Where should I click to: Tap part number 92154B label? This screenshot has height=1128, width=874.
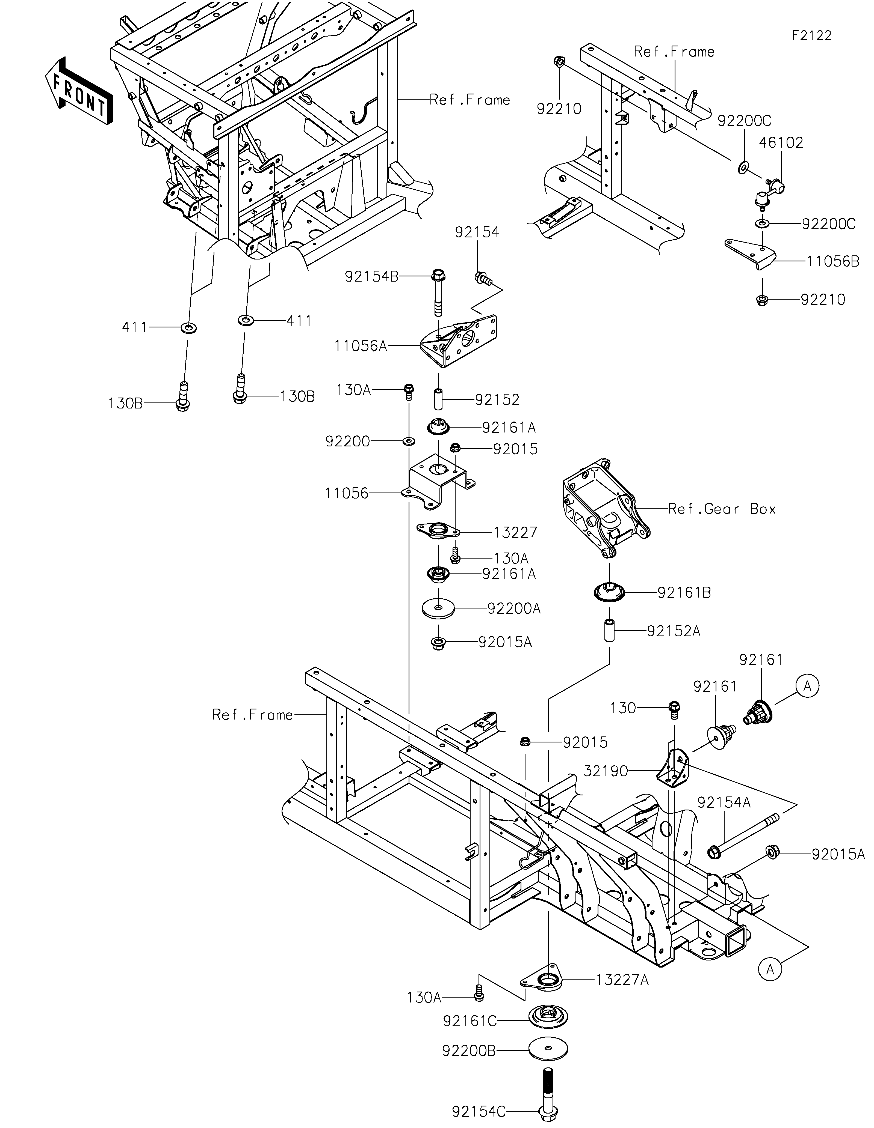[372, 277]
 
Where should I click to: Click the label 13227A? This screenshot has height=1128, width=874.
[622, 980]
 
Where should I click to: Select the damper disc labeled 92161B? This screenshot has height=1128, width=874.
[609, 591]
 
